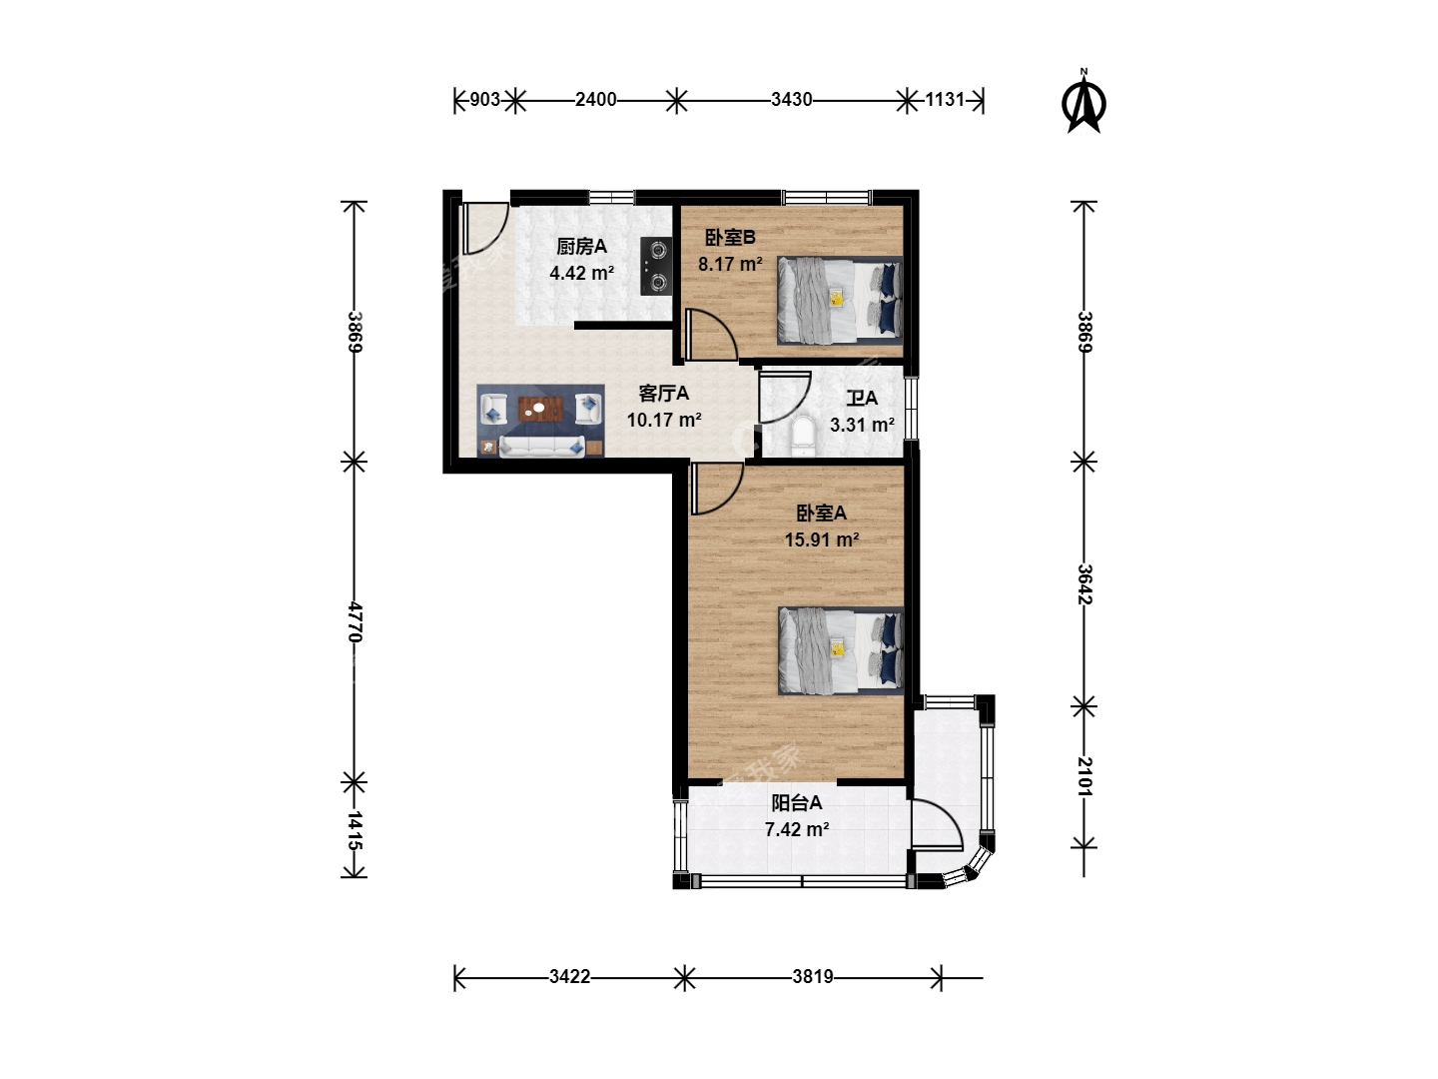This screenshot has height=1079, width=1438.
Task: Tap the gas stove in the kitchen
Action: pyautogui.click(x=656, y=266)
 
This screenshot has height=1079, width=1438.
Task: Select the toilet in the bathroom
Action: pyautogui.click(x=802, y=437)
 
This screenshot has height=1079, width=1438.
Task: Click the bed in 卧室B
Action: pyautogui.click(x=840, y=300)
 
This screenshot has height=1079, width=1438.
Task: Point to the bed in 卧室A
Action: pyautogui.click(x=841, y=651)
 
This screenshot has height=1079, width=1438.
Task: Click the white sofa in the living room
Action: pyautogui.click(x=542, y=447)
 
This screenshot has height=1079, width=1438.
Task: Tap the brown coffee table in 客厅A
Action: pyautogui.click(x=541, y=409)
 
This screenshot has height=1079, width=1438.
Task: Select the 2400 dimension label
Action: pyautogui.click(x=595, y=100)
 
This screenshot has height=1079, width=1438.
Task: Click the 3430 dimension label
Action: pyautogui.click(x=791, y=100)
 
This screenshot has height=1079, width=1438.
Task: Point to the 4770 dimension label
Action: pyautogui.click(x=355, y=622)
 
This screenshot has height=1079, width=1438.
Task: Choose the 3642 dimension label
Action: pyautogui.click(x=1084, y=584)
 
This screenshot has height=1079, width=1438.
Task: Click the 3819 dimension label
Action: pyautogui.click(x=812, y=977)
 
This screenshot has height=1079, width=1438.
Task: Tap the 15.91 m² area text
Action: pyautogui.click(x=822, y=539)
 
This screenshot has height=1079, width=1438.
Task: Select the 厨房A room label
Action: pyautogui.click(x=581, y=247)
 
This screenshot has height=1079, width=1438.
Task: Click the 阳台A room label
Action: pyautogui.click(x=796, y=802)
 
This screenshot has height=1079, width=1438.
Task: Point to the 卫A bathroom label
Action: pyautogui.click(x=862, y=398)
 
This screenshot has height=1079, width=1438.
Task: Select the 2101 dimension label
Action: pyautogui.click(x=1084, y=777)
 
